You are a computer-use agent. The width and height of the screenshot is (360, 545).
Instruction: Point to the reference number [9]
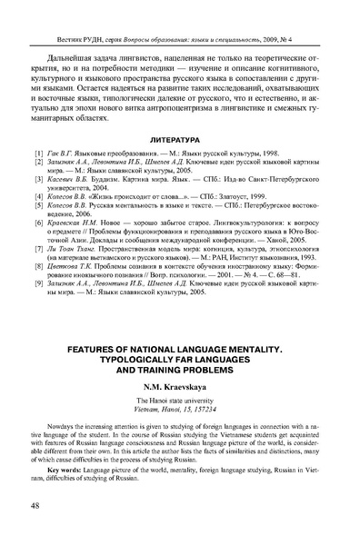[37, 284]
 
